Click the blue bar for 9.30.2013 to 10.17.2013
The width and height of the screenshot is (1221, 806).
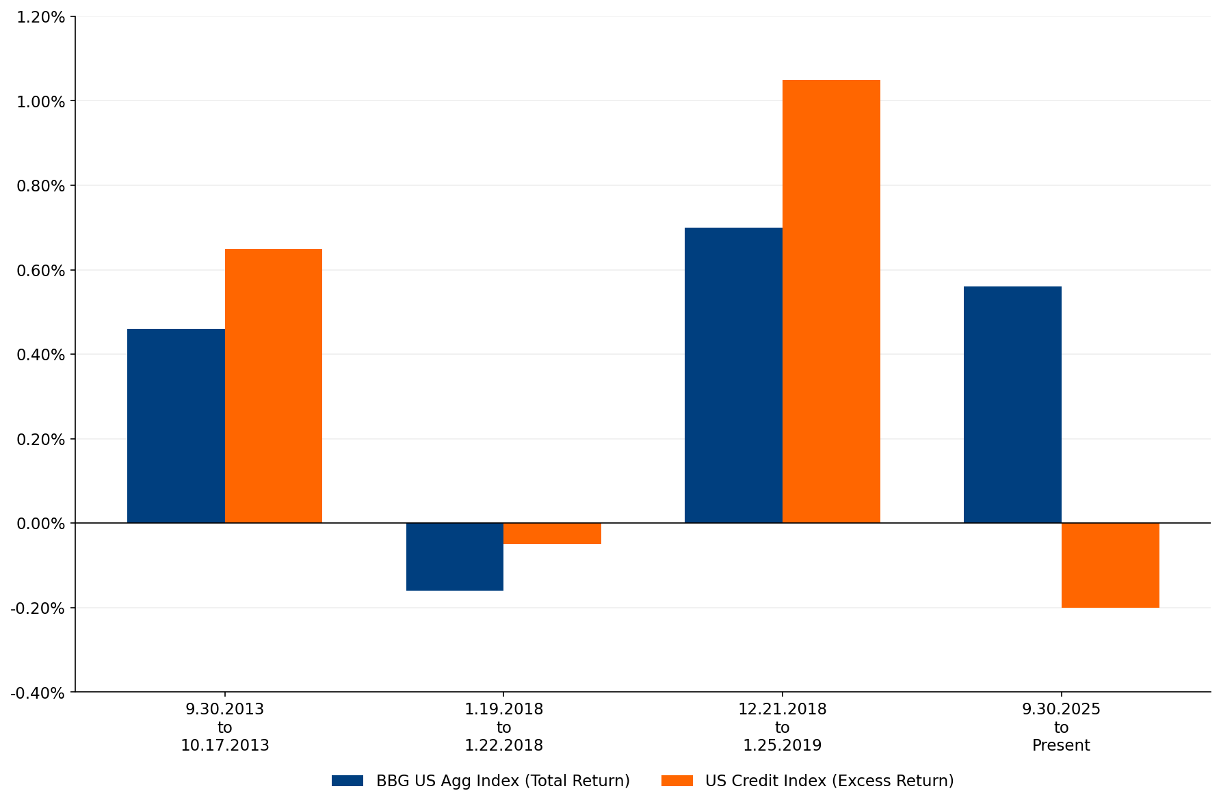(176, 425)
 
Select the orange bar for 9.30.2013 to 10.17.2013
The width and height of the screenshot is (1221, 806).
(274, 386)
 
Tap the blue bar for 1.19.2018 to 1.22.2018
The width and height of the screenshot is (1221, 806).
(455, 556)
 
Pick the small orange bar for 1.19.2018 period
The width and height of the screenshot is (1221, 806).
(552, 533)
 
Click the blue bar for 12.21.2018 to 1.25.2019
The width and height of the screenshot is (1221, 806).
(733, 375)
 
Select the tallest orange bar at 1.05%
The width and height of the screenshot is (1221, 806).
(831, 301)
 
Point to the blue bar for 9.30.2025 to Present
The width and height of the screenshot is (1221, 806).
(1012, 405)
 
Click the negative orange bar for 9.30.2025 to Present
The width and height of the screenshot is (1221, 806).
(1110, 565)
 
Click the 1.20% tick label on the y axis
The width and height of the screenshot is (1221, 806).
(41, 17)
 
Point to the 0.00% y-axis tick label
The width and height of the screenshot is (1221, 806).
(41, 524)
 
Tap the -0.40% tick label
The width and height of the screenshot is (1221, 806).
(38, 693)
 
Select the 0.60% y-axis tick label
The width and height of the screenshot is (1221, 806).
(41, 271)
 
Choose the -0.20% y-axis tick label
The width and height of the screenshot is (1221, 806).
(38, 608)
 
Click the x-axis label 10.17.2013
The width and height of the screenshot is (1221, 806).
(224, 746)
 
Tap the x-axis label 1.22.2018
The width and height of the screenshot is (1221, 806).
(503, 746)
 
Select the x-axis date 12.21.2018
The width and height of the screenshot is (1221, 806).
(782, 710)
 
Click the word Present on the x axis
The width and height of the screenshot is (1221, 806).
(1061, 746)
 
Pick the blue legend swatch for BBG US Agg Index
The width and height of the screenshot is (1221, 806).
(347, 781)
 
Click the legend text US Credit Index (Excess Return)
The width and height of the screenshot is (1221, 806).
(829, 781)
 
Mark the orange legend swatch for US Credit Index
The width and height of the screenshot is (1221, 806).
(677, 781)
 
